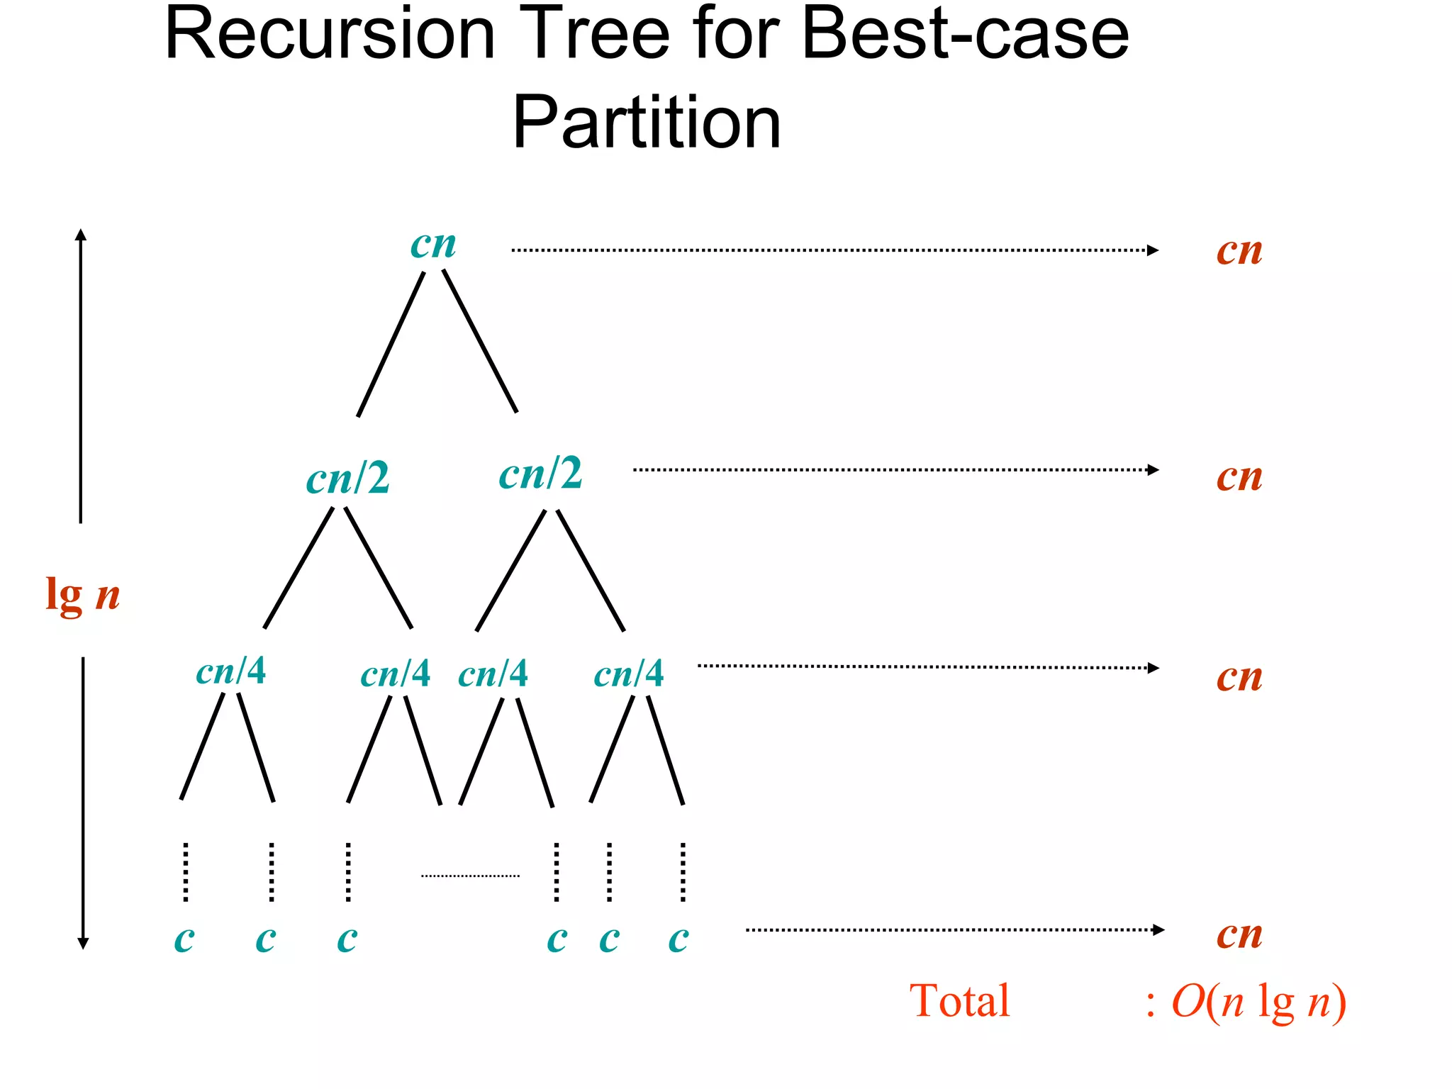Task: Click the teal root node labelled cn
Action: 433,245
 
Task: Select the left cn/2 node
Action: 347,478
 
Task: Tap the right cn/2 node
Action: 540,474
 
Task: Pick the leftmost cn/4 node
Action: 230,671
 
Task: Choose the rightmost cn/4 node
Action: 628,674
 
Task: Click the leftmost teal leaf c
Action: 184,939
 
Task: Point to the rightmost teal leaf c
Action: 678,939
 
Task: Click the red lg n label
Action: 82,594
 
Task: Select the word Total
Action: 959,1001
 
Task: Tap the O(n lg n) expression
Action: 1258,1003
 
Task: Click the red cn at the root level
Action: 1239,251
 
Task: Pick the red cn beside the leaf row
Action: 1239,934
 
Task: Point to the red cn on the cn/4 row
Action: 1239,677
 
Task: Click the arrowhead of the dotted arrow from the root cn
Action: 1153,250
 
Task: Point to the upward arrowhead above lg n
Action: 81,235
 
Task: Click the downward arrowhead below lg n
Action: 83,943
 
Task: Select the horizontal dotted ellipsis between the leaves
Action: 470,876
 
